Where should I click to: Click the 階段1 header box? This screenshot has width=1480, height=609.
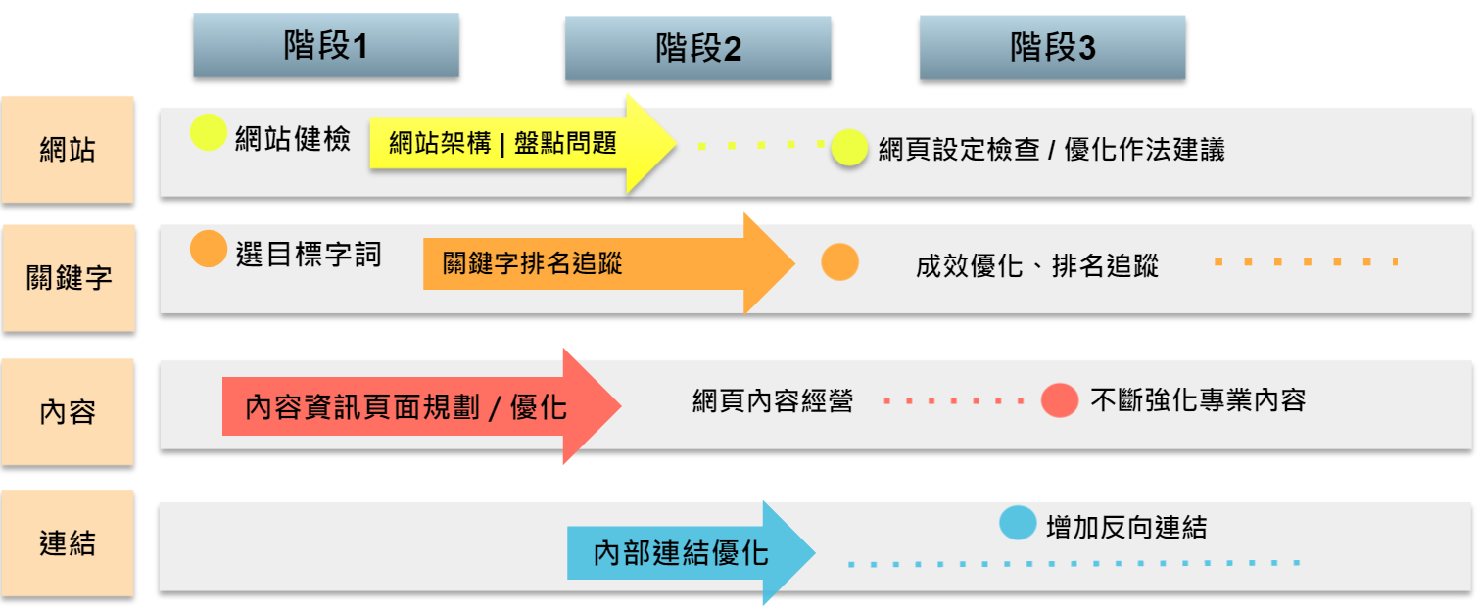[x=326, y=45]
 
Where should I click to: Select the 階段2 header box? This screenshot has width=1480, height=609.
[x=697, y=49]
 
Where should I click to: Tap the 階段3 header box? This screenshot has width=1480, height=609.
[x=1052, y=48]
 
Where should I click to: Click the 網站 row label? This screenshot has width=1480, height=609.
[x=68, y=150]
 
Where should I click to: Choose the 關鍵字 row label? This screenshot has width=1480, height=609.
[x=68, y=278]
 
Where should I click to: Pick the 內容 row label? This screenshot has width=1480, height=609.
[x=68, y=411]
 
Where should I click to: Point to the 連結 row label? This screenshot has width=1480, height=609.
[x=68, y=543]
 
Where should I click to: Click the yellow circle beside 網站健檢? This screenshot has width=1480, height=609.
[x=208, y=133]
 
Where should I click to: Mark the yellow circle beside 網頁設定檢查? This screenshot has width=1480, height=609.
[x=849, y=149]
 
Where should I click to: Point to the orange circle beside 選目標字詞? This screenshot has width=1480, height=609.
[x=208, y=249]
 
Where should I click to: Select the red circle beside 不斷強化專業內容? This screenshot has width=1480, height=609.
[x=1060, y=399]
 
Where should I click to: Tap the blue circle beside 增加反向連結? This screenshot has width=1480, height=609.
[x=1018, y=522]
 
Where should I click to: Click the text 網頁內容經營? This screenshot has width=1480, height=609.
[x=772, y=400]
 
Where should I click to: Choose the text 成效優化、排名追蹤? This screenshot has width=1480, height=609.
[x=1037, y=266]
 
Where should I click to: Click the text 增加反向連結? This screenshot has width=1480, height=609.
[x=1126, y=528]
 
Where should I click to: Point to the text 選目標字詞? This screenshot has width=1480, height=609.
[x=309, y=255]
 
